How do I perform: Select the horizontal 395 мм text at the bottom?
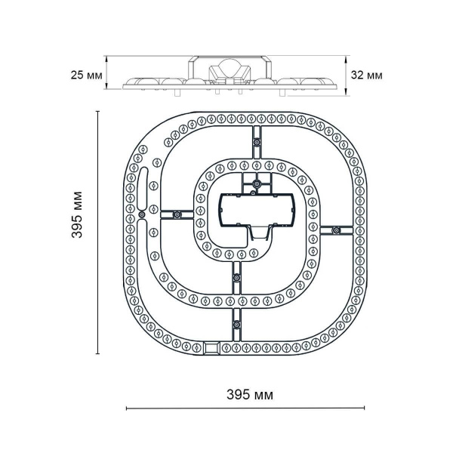coord(250,395)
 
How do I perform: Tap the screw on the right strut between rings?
coord(335,230)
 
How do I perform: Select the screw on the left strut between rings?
coord(176,215)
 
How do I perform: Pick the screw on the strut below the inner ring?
coord(236,279)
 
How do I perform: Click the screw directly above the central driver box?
coord(257,184)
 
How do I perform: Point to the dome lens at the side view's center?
coord(227,69)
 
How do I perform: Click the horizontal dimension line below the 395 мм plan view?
coord(245,408)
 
